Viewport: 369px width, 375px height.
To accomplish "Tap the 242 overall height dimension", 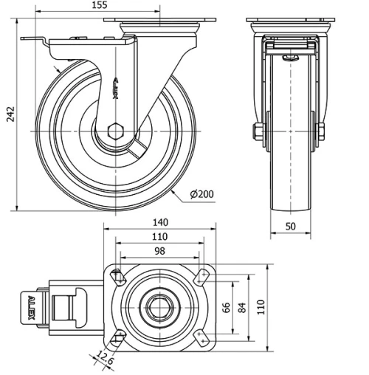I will click(7, 115).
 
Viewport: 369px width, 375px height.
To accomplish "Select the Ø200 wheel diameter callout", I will click(201, 194).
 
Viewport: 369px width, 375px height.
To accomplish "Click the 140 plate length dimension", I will click(160, 222).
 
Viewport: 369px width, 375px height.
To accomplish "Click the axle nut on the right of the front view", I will click(323, 133).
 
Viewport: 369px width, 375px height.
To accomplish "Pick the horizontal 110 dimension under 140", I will click(160, 238).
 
